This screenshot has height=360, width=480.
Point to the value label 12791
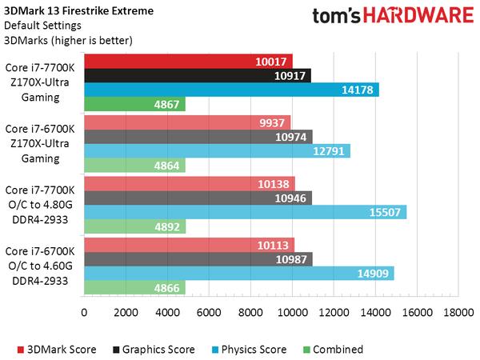[x=330, y=151]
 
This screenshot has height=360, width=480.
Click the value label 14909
[x=374, y=274]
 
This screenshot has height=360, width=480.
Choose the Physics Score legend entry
[x=249, y=349]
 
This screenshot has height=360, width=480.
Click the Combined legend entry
[x=335, y=349]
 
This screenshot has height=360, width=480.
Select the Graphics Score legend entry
[x=156, y=349]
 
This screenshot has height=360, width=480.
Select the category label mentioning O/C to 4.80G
[x=40, y=205]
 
